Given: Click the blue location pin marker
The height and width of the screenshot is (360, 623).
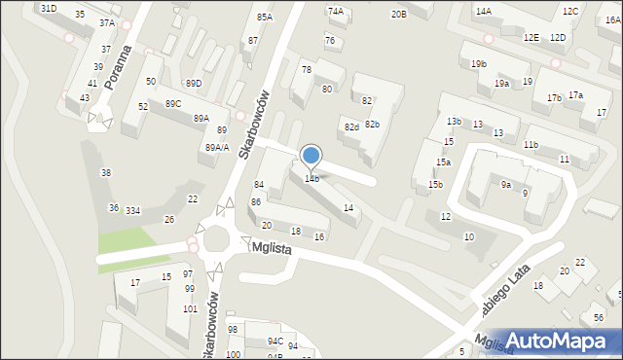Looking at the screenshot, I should (x=311, y=156).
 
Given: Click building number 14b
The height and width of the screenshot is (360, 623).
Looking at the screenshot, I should (x=311, y=178).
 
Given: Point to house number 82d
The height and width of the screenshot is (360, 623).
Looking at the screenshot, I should (x=351, y=127).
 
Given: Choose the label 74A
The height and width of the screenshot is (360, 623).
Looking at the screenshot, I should (x=336, y=11).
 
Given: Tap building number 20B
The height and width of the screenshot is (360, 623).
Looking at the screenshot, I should (x=398, y=14).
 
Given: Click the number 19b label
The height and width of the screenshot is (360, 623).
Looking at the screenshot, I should (x=478, y=64).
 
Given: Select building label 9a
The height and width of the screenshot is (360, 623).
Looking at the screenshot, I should (x=506, y=184).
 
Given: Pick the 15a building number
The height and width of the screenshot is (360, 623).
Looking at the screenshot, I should (x=443, y=162).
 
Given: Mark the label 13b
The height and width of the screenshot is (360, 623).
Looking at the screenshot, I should (x=454, y=121).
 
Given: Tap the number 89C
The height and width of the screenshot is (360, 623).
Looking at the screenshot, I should (x=173, y=103).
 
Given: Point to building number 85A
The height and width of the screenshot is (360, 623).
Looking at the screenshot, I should (x=265, y=18).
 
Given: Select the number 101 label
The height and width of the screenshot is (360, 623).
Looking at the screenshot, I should (x=189, y=309).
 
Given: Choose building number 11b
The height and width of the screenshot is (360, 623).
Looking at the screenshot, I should (x=531, y=144).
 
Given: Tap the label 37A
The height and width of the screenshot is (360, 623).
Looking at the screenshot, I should (x=106, y=22).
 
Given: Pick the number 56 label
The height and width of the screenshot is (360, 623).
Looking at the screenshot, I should (x=598, y=318).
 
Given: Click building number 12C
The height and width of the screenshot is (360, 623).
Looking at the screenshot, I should (x=570, y=11).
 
